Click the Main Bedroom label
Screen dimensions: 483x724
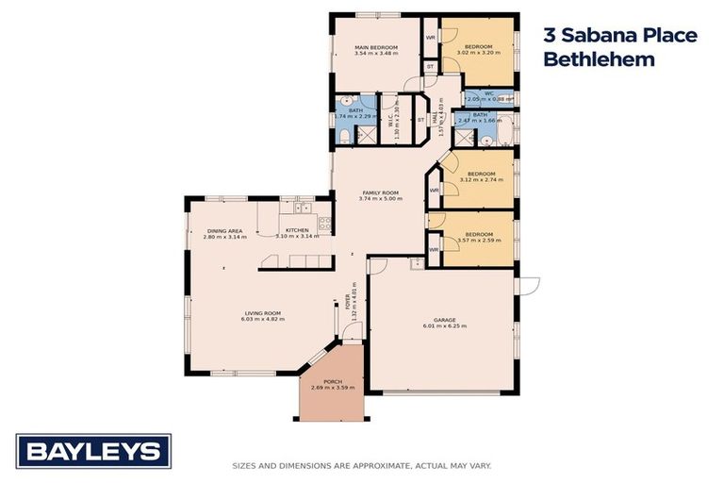(x=374, y=47)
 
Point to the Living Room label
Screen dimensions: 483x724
(x=263, y=313)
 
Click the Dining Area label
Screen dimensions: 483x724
(x=225, y=231)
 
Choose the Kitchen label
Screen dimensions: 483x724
(x=297, y=231)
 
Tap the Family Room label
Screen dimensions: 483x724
(x=380, y=192)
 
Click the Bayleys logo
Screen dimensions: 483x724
(x=93, y=452)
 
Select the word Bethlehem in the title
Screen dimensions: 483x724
(x=599, y=59)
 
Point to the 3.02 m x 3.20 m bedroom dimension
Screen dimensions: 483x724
(x=478, y=53)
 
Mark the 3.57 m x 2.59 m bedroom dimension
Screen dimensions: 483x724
(x=478, y=240)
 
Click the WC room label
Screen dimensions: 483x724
(x=489, y=93)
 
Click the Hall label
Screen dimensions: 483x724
(x=434, y=119)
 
